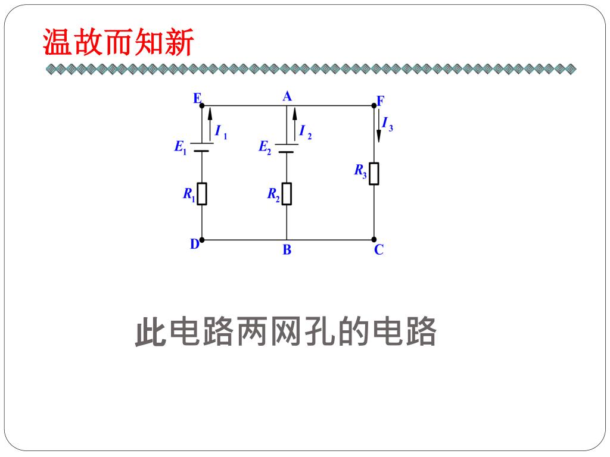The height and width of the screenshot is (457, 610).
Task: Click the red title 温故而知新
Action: pos(119,43)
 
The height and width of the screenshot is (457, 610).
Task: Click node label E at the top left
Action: pos(197,99)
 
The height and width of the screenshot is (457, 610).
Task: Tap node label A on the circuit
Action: pos(287,96)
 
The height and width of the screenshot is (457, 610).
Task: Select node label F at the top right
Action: pos(380,99)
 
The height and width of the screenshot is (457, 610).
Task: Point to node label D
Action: pos(194,244)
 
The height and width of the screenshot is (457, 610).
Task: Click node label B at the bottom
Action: pos(287,250)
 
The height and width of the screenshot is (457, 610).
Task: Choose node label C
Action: pos(379,250)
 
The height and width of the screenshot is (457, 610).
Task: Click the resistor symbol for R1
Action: pos(202,193)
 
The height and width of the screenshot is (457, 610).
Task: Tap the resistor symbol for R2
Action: pos(287,193)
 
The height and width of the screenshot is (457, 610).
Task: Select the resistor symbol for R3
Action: pos(374,173)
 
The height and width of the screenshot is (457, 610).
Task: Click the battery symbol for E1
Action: pos(202,147)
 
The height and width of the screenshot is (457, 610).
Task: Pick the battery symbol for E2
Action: pos(287,147)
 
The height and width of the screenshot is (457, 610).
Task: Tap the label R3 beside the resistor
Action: pos(360,171)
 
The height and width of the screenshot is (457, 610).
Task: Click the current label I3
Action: pos(387,124)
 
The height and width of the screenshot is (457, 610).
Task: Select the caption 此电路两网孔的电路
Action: pos(286,332)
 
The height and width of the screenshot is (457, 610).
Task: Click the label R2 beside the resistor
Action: pos(273,194)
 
